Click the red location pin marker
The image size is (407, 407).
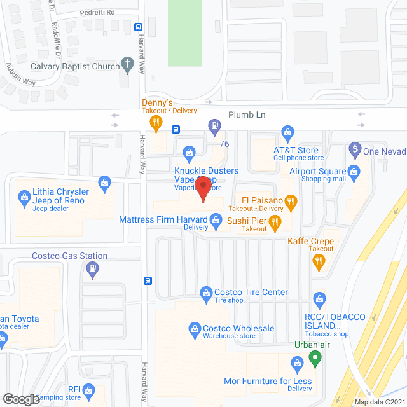(202, 190)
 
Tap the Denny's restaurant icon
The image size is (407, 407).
(154, 121)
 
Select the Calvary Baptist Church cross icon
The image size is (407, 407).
(127, 65)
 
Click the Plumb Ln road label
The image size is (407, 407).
(247, 114)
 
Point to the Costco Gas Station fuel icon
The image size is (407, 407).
(92, 270)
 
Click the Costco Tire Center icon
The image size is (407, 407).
(205, 293)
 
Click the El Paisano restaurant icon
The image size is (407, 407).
(291, 203)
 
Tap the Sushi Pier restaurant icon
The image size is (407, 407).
(275, 222)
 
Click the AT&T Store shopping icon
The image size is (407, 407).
(287, 133)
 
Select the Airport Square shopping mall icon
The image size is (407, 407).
(354, 170)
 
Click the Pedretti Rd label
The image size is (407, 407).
(97, 12)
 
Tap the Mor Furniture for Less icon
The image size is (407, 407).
(296, 363)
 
